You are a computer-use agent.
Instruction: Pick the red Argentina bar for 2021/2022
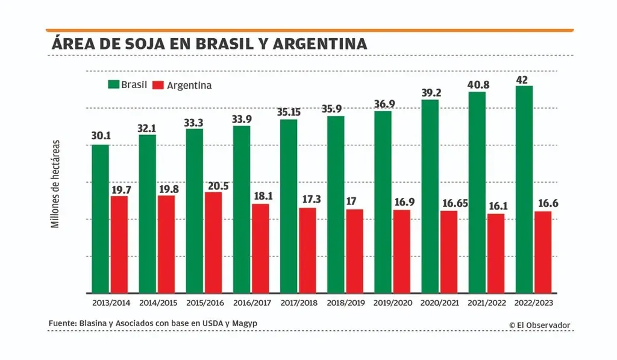[496, 253]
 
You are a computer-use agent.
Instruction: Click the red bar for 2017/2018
[307, 250]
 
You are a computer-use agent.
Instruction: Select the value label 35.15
[289, 112]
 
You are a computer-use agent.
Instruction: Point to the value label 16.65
[449, 204]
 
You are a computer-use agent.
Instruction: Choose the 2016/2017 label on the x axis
[253, 303]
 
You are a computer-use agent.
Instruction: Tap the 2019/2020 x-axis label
[393, 303]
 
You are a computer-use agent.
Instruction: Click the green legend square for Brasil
[113, 84]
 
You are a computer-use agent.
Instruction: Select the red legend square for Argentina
[159, 85]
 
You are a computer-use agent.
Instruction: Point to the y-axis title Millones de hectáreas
[55, 184]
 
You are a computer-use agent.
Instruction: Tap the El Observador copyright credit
[539, 325]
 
